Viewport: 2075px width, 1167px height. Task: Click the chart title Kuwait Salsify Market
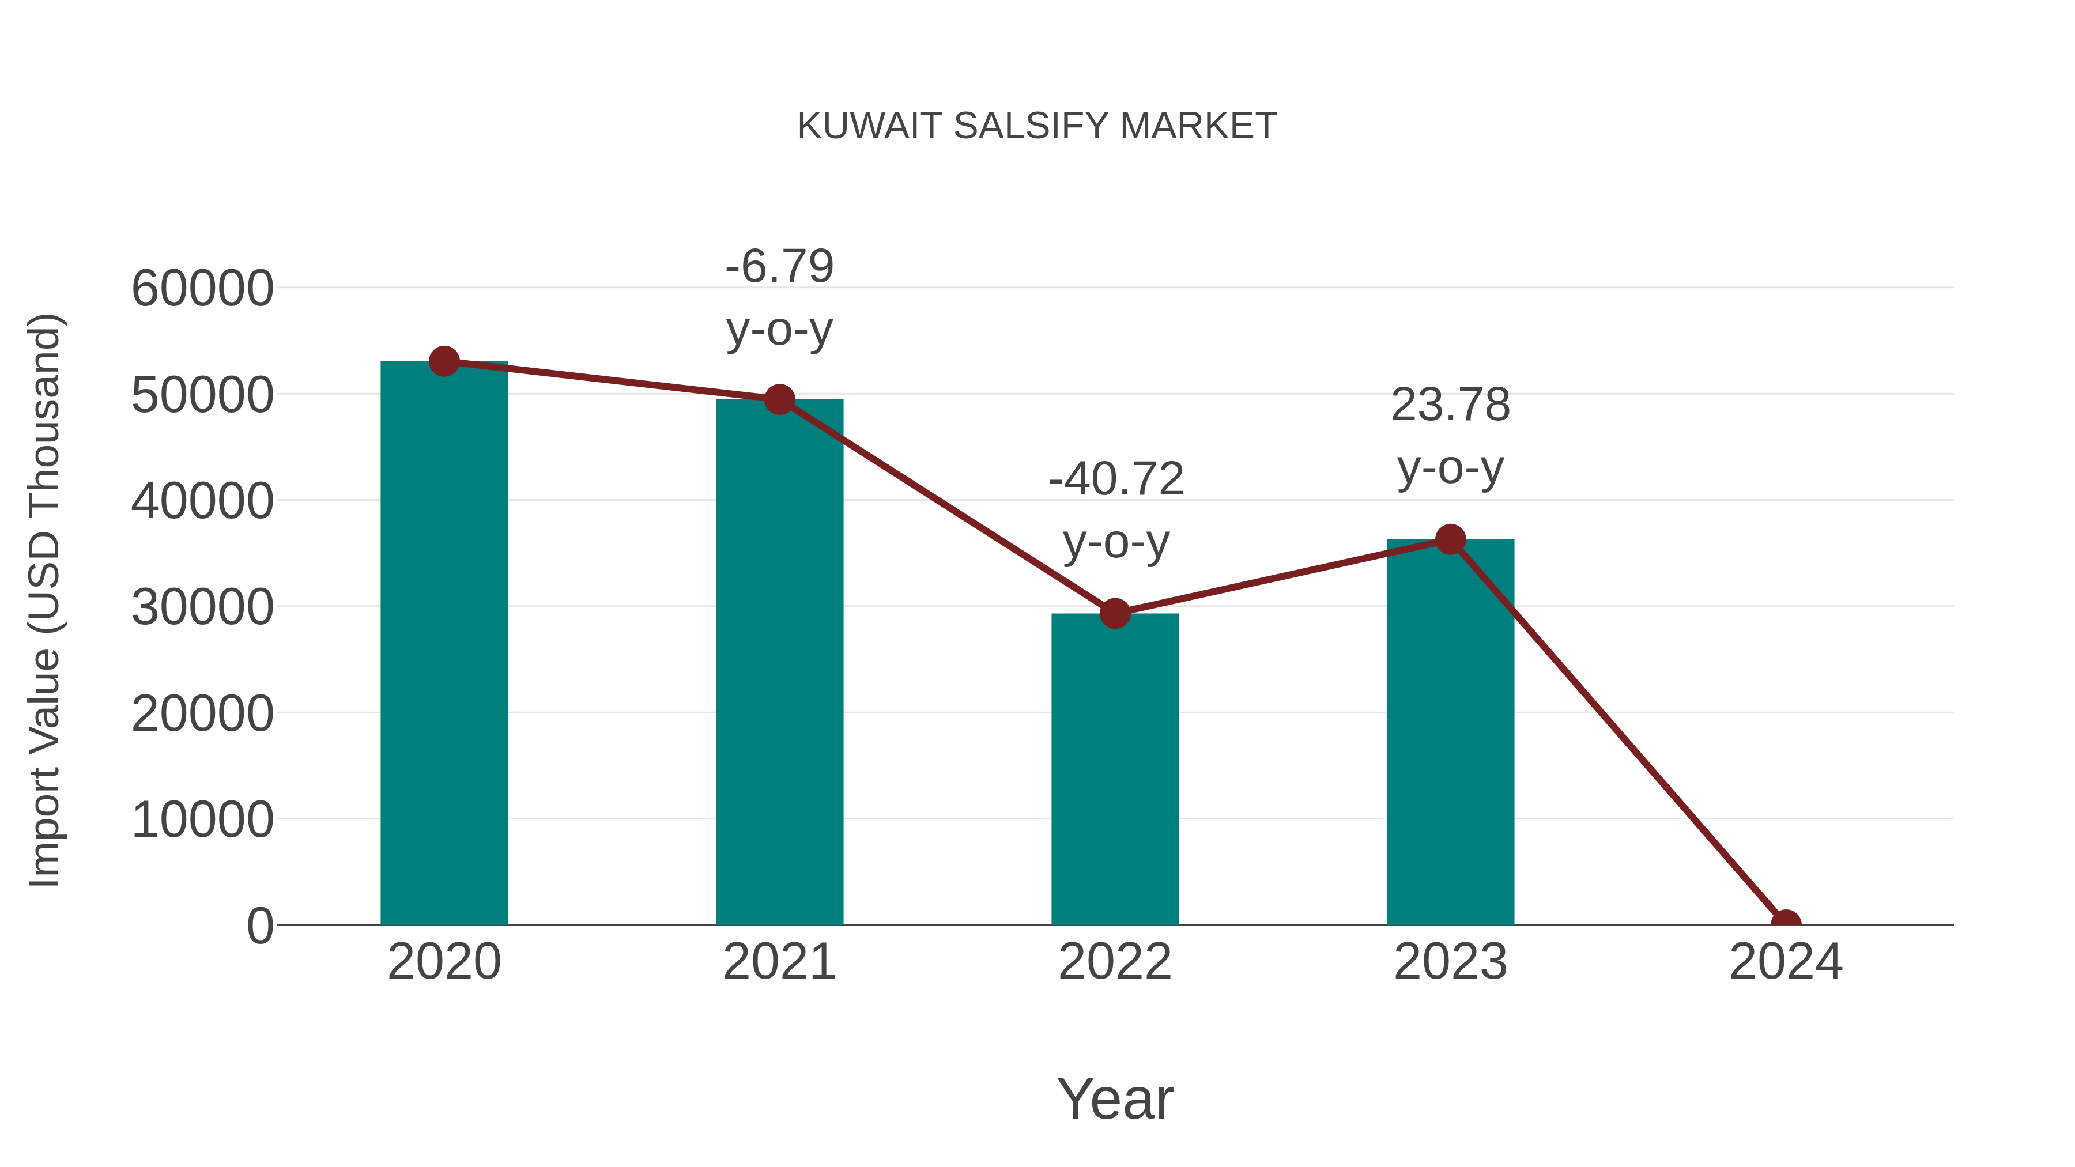coord(1037,126)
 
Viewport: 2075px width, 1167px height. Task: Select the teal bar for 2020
coord(444,644)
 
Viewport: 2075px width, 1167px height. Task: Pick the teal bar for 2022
coord(1114,769)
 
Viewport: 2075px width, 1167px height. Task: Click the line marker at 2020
coord(444,361)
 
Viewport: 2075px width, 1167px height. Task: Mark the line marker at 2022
coord(1114,614)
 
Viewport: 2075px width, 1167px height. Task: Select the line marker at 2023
coord(1450,539)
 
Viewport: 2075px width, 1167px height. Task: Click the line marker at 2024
coord(1785,923)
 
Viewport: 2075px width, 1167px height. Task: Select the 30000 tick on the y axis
coord(202,607)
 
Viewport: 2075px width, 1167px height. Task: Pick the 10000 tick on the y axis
coord(202,820)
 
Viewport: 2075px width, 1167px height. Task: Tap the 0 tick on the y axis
coord(260,926)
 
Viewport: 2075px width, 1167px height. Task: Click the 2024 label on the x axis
coord(1785,962)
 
